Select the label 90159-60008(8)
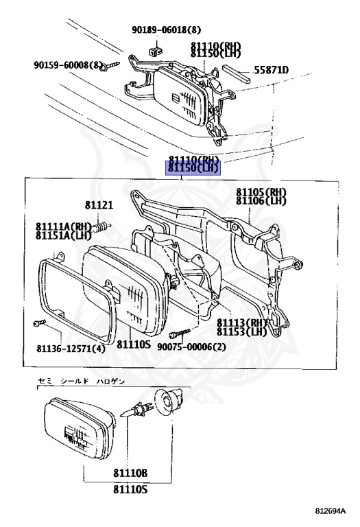68,65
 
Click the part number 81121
99,204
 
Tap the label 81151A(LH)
64,235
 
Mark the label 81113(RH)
242,323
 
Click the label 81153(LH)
242,331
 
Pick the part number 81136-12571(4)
71,349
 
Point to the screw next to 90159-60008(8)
112,65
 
